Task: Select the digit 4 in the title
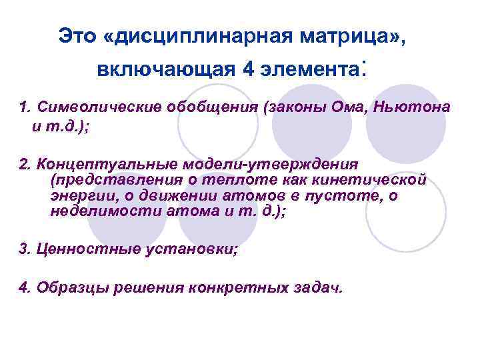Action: (248, 69)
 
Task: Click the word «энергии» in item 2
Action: (77, 196)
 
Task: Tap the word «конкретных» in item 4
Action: (253, 288)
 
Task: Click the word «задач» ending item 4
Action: (323, 288)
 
